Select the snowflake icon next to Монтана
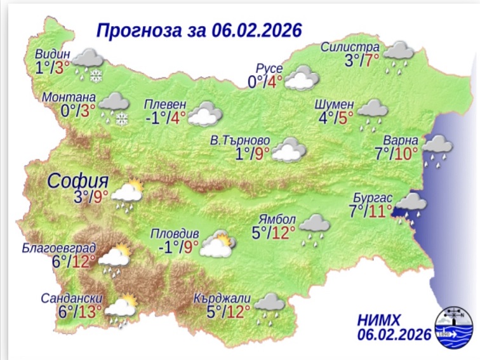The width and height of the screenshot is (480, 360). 121,118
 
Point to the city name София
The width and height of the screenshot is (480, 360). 77,180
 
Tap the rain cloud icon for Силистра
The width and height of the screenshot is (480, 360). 399,53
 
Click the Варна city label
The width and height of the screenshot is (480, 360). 401,140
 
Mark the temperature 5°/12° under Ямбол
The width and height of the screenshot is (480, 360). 274,233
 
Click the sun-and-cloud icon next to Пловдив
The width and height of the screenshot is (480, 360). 217,244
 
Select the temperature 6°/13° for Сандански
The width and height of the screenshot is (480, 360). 80,312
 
